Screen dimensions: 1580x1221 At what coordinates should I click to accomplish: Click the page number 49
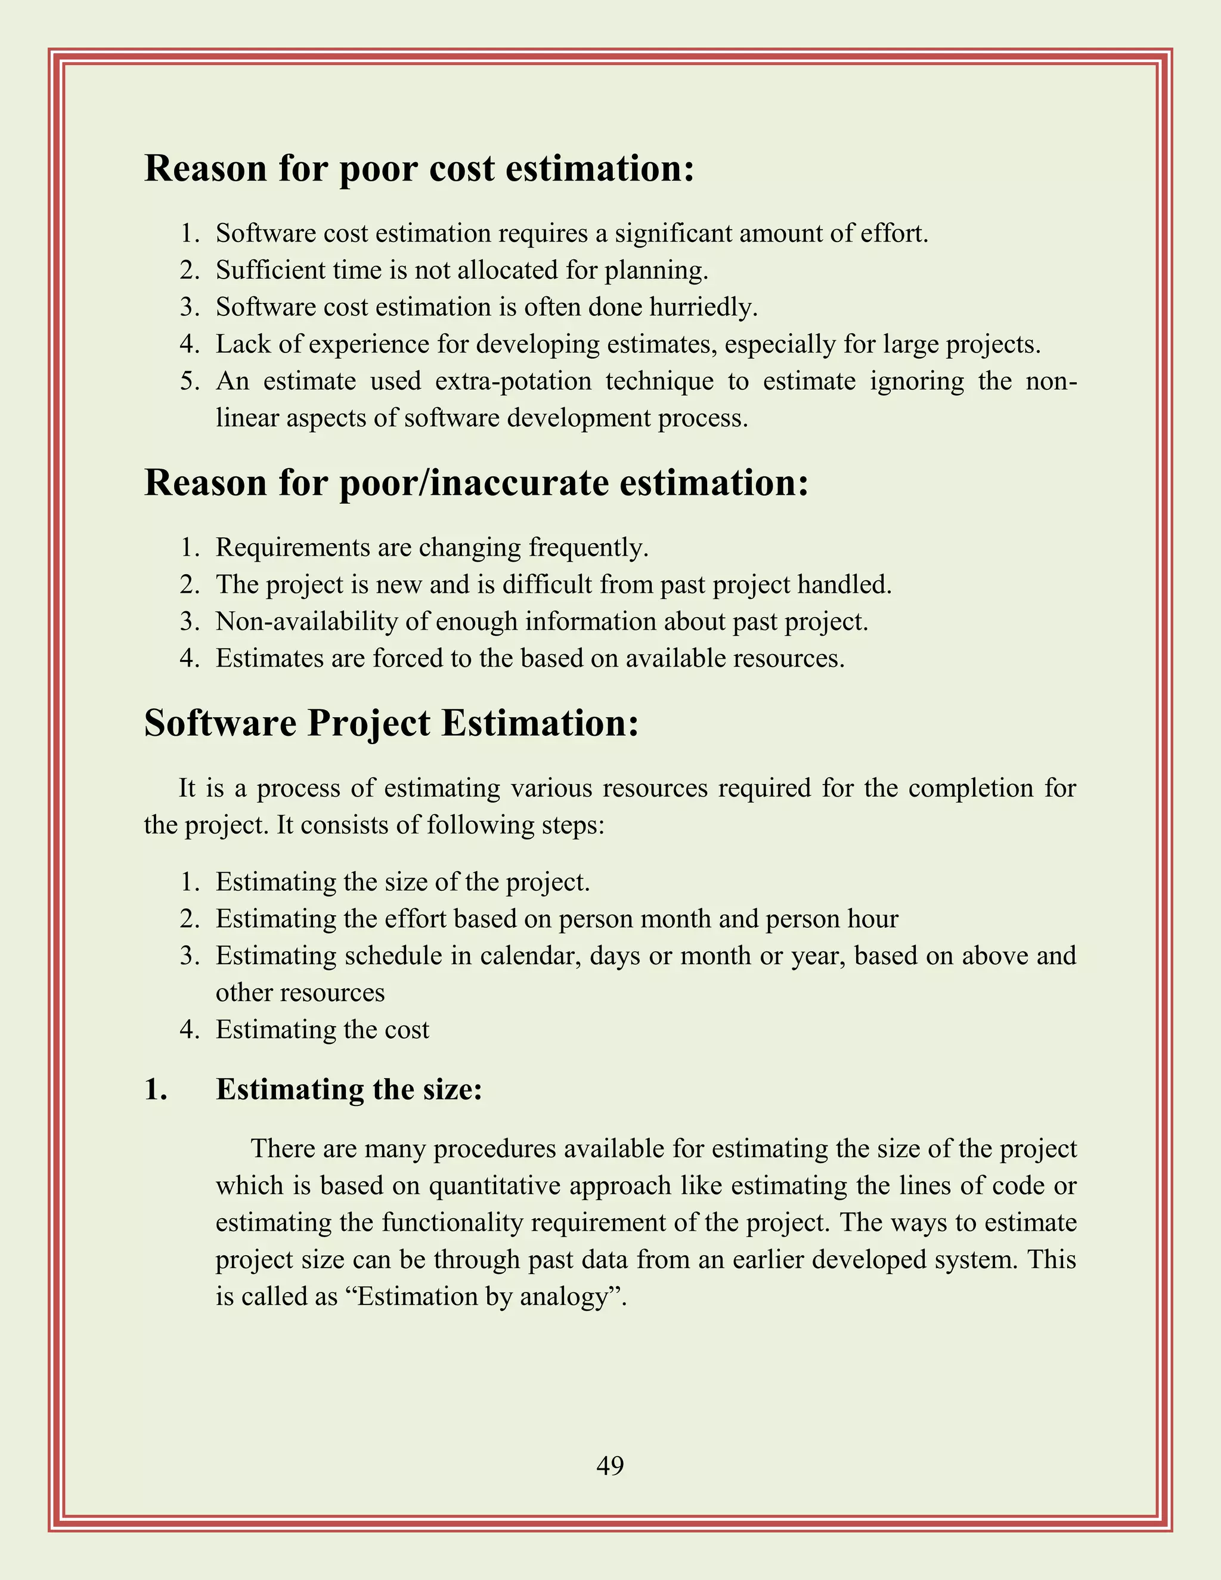tap(610, 1465)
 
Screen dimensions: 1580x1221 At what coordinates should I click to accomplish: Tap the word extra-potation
tap(513, 381)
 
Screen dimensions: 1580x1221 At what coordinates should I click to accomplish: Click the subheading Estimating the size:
tap(349, 1089)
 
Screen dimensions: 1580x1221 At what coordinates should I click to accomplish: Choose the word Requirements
tap(292, 548)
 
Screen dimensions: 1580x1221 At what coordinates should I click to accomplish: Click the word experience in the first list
tap(369, 345)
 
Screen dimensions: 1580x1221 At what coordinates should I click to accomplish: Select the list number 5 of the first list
tap(189, 381)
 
